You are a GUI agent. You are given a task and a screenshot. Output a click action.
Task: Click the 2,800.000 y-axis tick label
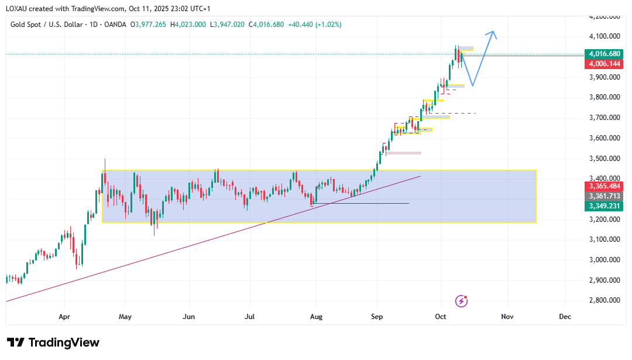(604, 300)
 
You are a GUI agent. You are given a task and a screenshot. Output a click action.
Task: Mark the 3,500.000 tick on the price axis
(604, 158)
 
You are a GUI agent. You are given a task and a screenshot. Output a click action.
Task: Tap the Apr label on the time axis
(64, 317)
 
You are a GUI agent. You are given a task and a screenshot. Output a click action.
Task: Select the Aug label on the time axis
(315, 317)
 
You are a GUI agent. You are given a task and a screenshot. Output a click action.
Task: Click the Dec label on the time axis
(565, 317)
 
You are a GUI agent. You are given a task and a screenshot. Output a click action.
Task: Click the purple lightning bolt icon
(462, 301)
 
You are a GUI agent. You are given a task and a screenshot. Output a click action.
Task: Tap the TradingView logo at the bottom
(53, 342)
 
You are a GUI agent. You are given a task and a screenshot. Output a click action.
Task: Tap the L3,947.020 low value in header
(228, 25)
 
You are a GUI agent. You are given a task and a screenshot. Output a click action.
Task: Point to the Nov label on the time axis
(507, 317)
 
